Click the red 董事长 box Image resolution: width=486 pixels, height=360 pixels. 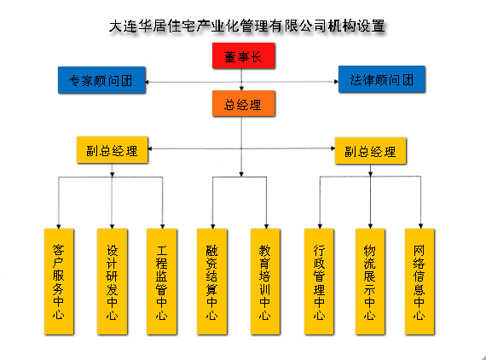pos(243,55)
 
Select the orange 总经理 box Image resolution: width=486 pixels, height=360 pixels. pos(243,103)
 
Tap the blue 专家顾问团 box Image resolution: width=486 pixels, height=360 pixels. pos(101,80)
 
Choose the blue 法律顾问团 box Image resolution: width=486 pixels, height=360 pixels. pos(381,79)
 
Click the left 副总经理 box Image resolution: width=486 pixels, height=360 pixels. pos(113,150)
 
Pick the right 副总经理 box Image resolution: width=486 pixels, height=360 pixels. pos(370,151)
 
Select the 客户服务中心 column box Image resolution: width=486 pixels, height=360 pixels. pos(59,282)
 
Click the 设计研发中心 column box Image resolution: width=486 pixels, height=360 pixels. pos(113,282)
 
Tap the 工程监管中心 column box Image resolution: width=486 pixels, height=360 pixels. pos(162,282)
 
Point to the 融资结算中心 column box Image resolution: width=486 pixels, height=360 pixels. pos(212,282)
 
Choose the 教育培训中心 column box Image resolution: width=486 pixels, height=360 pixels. pos(265,282)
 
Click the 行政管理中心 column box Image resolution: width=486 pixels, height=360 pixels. pos(319,282)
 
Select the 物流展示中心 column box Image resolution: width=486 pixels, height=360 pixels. pos(370,282)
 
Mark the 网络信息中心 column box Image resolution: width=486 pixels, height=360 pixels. pos(419,282)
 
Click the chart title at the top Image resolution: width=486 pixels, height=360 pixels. pos(247,26)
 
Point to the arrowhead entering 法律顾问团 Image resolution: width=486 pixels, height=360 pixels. pos(336,82)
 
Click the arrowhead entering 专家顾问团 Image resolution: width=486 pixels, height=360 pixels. pos(148,82)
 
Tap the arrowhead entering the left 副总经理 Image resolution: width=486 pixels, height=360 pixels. pos(150,148)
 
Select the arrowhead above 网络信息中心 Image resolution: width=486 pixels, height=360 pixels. pos(420,226)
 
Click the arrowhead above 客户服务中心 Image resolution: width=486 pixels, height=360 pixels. pos(59,226)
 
